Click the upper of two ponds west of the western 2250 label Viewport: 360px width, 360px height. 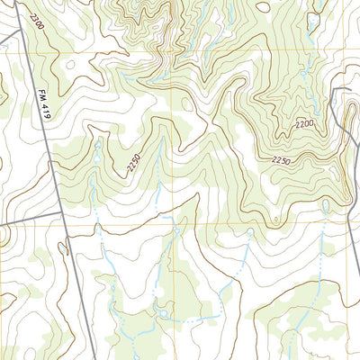click(97, 144)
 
